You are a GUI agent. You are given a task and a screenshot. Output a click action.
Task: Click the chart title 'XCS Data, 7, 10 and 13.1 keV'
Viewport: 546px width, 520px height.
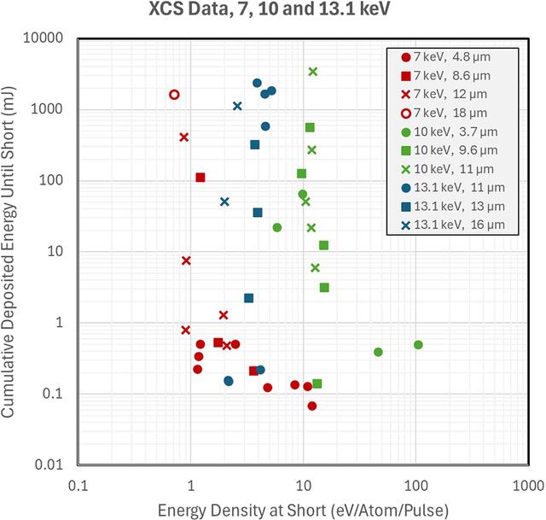270,9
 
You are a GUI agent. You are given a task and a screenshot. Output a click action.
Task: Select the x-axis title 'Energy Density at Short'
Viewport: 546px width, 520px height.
241,511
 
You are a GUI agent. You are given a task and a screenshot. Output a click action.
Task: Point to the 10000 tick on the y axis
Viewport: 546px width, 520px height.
44,38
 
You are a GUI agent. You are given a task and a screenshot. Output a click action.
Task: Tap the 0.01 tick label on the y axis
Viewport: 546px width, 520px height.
49,464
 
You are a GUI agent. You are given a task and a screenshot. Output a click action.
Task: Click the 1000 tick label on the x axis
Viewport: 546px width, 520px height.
528,486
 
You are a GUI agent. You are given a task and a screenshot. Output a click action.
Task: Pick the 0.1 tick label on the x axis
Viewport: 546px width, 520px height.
78,486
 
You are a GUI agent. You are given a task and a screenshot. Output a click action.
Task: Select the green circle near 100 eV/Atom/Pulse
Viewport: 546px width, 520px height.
418,345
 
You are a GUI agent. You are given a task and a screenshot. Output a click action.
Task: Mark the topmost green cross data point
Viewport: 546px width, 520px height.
313,72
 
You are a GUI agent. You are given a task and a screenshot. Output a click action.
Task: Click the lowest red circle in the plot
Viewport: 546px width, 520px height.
312,406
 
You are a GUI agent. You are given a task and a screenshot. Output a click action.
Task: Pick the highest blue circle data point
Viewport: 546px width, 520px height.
257,83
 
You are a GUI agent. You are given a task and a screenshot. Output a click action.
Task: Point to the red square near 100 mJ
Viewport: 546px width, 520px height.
200,178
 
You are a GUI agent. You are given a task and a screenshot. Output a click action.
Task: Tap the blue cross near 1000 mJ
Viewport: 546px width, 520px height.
237,106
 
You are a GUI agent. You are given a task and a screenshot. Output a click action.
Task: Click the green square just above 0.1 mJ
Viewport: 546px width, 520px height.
317,383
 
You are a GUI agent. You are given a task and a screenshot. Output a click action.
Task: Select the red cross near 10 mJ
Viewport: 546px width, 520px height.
186,260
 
